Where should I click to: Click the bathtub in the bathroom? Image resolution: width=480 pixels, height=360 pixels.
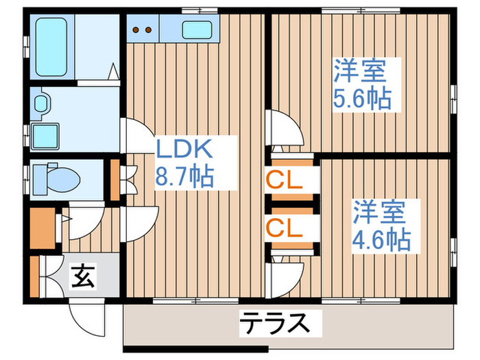pos(51,49)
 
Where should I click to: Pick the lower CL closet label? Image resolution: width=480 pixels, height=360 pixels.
pos(285,228)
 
